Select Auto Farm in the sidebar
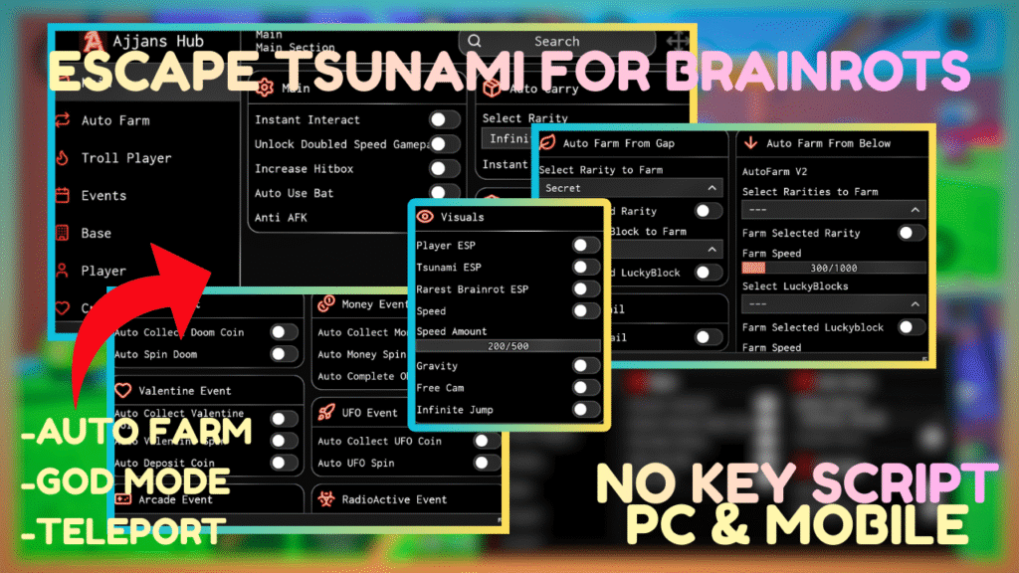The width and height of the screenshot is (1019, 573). [x=114, y=120]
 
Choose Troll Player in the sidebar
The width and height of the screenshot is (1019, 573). [x=125, y=158]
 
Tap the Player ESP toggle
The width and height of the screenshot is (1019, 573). [x=586, y=245]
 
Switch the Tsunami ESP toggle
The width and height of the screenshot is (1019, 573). [x=586, y=267]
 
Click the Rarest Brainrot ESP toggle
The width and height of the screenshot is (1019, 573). [x=586, y=288]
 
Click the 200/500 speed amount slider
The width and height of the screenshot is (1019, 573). [x=508, y=345]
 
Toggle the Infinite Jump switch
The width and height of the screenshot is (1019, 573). [x=586, y=409]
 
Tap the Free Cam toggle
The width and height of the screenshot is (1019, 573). [x=586, y=387]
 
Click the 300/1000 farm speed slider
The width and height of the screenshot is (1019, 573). [x=833, y=268]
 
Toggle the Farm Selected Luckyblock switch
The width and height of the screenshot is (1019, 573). [x=911, y=326]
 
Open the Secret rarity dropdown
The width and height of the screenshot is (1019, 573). [x=631, y=188]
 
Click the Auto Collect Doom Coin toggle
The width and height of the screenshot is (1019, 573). [x=284, y=332]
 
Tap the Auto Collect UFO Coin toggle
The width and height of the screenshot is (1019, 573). [x=486, y=441]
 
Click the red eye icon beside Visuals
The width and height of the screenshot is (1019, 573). [x=425, y=216]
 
